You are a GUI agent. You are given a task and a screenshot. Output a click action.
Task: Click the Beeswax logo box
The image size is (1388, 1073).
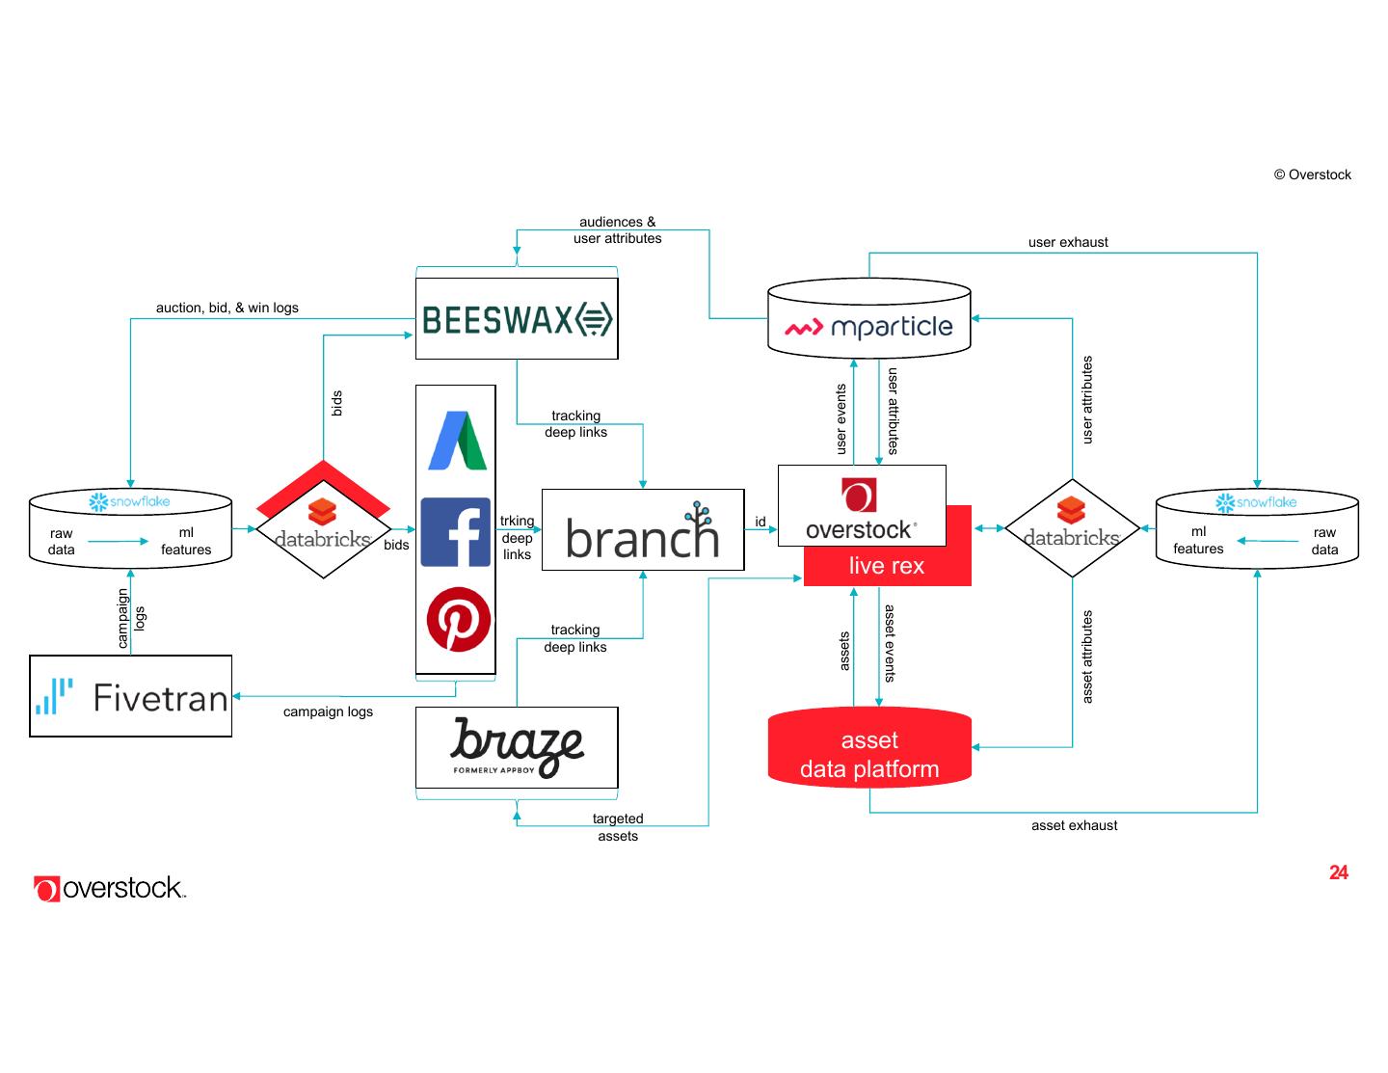pos(517,319)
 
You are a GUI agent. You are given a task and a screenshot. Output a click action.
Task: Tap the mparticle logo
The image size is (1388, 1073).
pos(868,327)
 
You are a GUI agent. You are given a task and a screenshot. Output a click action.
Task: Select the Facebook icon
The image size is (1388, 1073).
pos(456,532)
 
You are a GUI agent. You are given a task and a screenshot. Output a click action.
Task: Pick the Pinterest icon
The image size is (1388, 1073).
pos(458,620)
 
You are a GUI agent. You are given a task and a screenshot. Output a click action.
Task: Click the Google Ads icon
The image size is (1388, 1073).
pos(457,442)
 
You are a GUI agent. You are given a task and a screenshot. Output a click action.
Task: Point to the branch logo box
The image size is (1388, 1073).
pos(643,529)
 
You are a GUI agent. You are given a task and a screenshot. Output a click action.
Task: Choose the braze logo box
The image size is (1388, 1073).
pos(517,747)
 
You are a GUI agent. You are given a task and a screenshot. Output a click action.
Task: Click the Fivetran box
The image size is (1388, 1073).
pos(131,696)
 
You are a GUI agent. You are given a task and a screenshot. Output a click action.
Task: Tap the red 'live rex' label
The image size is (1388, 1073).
pos(887,566)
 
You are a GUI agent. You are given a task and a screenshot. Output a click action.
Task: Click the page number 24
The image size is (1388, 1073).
pos(1339,872)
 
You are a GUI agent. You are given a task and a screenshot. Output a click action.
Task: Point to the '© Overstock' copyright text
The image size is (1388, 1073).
pos(1313,174)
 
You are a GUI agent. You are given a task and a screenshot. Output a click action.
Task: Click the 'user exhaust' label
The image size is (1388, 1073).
pos(1068,242)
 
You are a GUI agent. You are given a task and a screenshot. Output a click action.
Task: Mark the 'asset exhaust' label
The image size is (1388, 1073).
pos(1075,825)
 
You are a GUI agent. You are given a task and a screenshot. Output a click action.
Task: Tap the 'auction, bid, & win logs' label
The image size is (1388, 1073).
pos(227,308)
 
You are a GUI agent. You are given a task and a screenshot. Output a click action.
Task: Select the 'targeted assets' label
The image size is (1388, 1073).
pos(618,827)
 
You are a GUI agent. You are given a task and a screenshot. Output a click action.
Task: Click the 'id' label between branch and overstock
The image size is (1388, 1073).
pos(761,522)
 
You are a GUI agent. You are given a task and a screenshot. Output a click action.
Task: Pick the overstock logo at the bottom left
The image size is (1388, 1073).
pos(110,888)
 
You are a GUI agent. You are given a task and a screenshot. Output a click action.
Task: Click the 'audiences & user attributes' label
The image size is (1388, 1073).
pos(618,229)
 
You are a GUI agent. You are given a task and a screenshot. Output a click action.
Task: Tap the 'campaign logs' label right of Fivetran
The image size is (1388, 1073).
pos(328,711)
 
